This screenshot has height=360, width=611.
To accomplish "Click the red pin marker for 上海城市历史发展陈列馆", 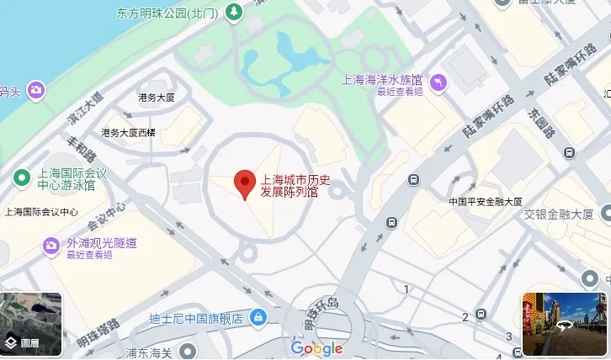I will [244, 183].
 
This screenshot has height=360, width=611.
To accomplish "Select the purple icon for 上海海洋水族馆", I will [438, 82].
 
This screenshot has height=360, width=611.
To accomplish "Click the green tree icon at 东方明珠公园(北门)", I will [234, 13].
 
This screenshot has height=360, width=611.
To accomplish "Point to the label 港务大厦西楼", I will [129, 133].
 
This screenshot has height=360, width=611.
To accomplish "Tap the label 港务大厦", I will [157, 98].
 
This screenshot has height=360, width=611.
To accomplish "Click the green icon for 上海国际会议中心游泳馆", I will [21, 178].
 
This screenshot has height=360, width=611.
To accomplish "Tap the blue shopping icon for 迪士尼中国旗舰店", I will [259, 318].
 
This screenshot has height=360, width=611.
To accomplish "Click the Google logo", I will [316, 348].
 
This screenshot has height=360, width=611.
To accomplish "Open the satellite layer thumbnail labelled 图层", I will [31, 325].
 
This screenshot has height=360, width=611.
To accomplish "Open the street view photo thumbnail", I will [564, 324].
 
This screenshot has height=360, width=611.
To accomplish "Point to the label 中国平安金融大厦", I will [486, 202].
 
